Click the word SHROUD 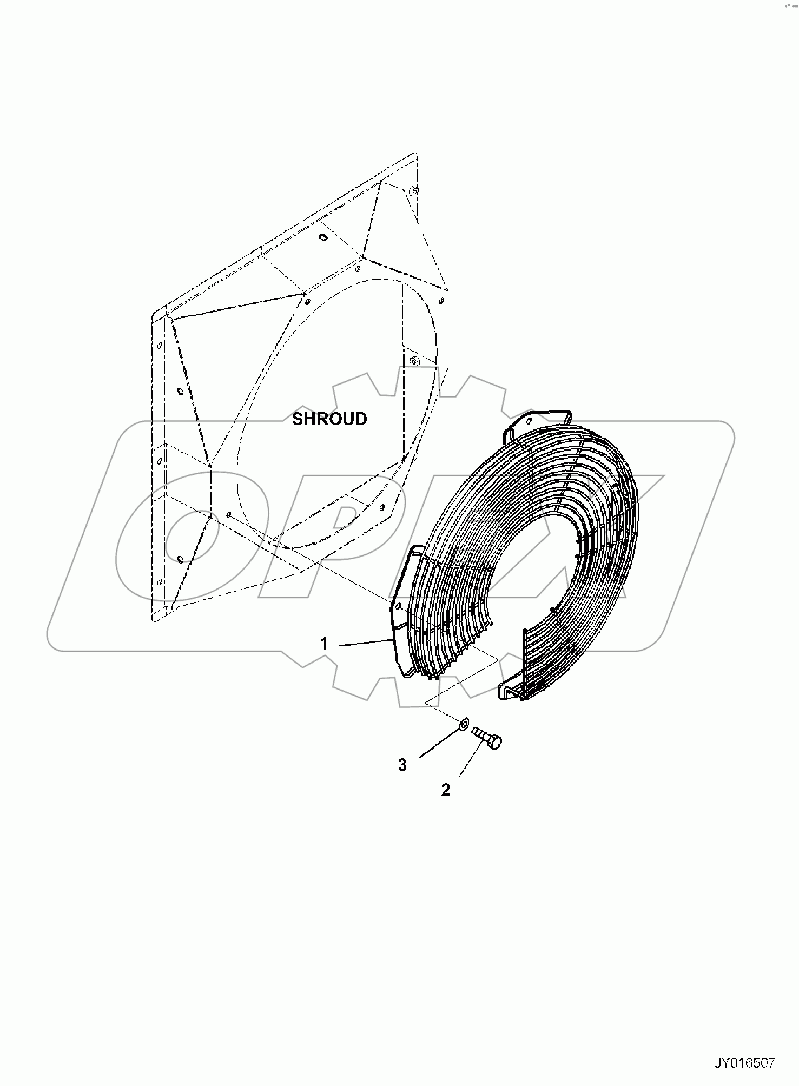pyautogui.click(x=329, y=419)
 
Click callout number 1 pyautogui.click(x=324, y=644)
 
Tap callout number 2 pyautogui.click(x=445, y=790)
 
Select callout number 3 pyautogui.click(x=402, y=765)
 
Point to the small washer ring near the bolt pyautogui.click(x=464, y=724)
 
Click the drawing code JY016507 pyautogui.click(x=745, y=1064)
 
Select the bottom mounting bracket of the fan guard pyautogui.click(x=511, y=692)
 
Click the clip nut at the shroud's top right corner pyautogui.click(x=413, y=190)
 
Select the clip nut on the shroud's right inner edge pyautogui.click(x=415, y=360)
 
